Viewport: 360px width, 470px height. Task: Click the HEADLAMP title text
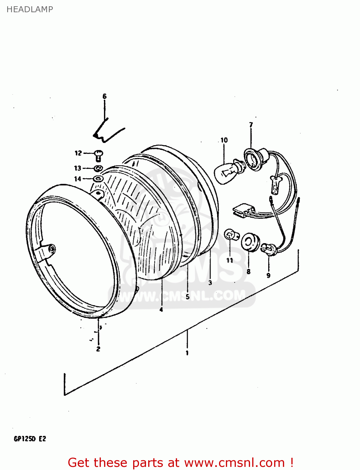[x=30, y=9]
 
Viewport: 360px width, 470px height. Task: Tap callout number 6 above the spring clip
[x=105, y=96]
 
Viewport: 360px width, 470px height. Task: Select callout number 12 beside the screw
[x=78, y=153]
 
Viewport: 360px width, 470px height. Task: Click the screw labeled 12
[x=99, y=154]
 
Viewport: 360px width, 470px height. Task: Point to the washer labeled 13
[x=98, y=168]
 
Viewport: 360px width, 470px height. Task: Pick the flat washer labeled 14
[x=98, y=179]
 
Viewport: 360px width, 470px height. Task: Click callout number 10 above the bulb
[x=224, y=140]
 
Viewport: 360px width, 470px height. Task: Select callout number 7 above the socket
[x=251, y=125]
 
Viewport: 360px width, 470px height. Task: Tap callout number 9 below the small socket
[x=269, y=275]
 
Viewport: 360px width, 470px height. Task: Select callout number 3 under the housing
[x=210, y=282]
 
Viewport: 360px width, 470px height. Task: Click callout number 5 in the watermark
[x=187, y=296]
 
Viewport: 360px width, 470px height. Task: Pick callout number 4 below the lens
[x=161, y=310]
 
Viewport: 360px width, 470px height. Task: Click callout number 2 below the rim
[x=98, y=349]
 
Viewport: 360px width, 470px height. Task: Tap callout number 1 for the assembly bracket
[x=187, y=353]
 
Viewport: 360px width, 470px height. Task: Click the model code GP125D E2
[x=30, y=439]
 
